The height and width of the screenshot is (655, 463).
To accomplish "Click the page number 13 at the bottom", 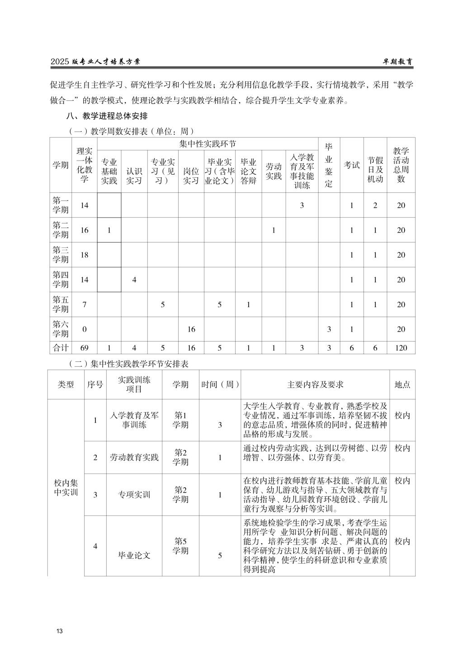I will [x=59, y=631].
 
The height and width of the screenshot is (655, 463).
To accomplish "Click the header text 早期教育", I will [x=396, y=62].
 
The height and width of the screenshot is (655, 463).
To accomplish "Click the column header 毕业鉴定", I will [x=329, y=165].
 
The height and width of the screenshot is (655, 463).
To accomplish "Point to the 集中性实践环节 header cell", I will [x=208, y=144].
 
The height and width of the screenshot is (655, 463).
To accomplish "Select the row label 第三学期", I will [x=61, y=255].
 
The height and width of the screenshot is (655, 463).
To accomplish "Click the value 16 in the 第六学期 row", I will [x=191, y=329].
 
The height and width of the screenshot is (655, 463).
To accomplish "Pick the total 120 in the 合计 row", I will [x=401, y=348].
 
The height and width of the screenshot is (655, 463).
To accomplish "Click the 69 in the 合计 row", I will [x=84, y=348].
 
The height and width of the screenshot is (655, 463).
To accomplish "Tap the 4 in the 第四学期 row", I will [x=134, y=280].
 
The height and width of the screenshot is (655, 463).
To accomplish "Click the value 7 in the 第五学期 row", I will [x=84, y=304].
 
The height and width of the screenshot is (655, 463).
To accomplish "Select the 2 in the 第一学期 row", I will [x=375, y=205].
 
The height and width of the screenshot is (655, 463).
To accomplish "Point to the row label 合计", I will [x=61, y=348].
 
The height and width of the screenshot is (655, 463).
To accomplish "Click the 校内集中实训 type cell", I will [x=66, y=487].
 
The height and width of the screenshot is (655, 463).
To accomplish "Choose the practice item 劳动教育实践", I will [x=134, y=457].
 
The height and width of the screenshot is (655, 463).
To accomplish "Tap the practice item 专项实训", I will [x=134, y=494].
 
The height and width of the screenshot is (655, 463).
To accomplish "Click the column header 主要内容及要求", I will [x=315, y=384].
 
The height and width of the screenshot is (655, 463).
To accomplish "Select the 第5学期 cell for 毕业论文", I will [x=180, y=546].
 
